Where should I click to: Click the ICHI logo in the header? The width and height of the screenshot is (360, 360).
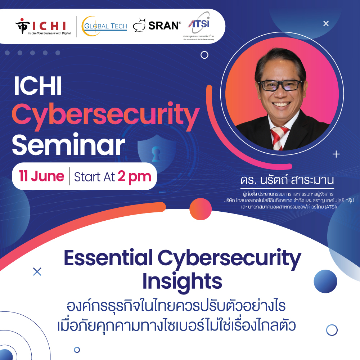click(x=43, y=27)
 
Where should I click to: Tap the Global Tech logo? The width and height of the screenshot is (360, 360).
click(x=104, y=26)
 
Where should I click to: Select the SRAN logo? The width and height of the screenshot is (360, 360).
click(x=157, y=25)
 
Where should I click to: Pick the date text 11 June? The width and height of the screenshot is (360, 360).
click(x=42, y=176)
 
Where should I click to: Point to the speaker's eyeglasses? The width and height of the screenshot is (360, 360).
click(x=280, y=85)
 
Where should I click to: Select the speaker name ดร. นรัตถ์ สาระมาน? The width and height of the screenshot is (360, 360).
click(x=287, y=181)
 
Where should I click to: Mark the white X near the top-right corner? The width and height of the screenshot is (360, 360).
click(x=326, y=24)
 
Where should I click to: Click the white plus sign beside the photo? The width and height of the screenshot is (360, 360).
click(x=336, y=154)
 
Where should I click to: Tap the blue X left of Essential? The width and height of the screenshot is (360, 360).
click(x=37, y=271)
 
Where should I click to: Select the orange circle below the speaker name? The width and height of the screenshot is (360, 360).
click(x=200, y=209)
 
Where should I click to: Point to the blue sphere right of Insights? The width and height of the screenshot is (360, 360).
click(x=325, y=281)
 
